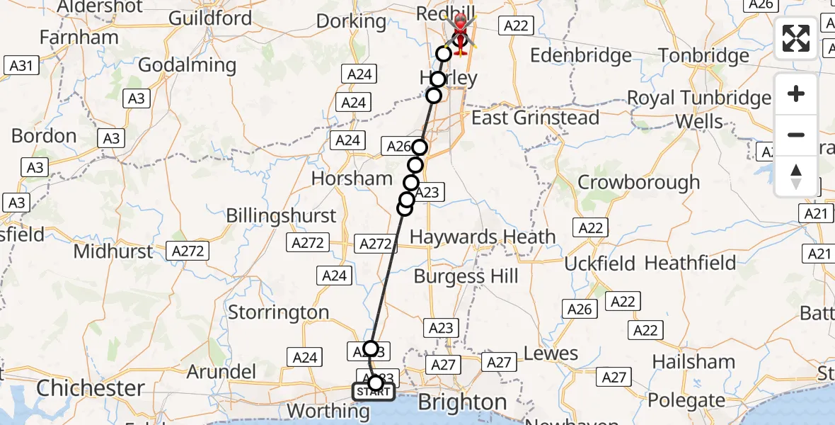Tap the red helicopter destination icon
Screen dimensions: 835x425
click(461, 32)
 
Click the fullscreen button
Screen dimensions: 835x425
click(796, 38)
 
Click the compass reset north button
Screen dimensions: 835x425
click(796, 176)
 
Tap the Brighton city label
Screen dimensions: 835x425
click(462, 402)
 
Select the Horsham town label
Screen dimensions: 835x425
click(352, 178)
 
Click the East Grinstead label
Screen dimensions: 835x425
click(536, 118)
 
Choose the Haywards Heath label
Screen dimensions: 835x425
click(483, 237)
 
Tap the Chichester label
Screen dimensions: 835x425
click(91, 387)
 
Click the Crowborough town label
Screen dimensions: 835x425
click(638, 182)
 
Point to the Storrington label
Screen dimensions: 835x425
click(278, 312)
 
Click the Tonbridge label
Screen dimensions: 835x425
click(703, 55)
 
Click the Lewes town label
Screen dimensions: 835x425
click(551, 353)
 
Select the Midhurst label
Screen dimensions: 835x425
click(113, 251)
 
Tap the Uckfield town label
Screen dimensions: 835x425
click(599, 264)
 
